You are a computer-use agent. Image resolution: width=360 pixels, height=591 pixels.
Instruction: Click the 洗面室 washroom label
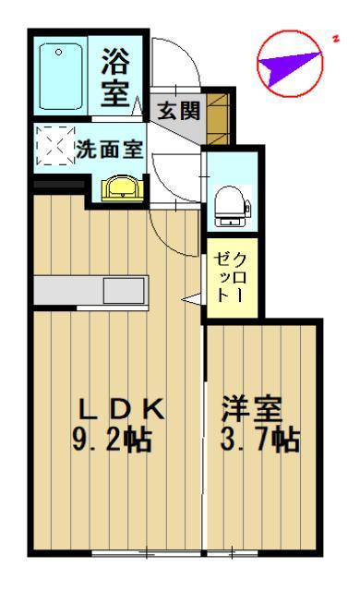tap(114, 148)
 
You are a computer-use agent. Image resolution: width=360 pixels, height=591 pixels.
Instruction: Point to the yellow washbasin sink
tap(121, 188)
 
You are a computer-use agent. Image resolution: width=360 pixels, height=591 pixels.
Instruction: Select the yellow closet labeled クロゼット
tap(225, 277)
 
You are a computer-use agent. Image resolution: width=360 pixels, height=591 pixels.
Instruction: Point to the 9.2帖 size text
tap(113, 439)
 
